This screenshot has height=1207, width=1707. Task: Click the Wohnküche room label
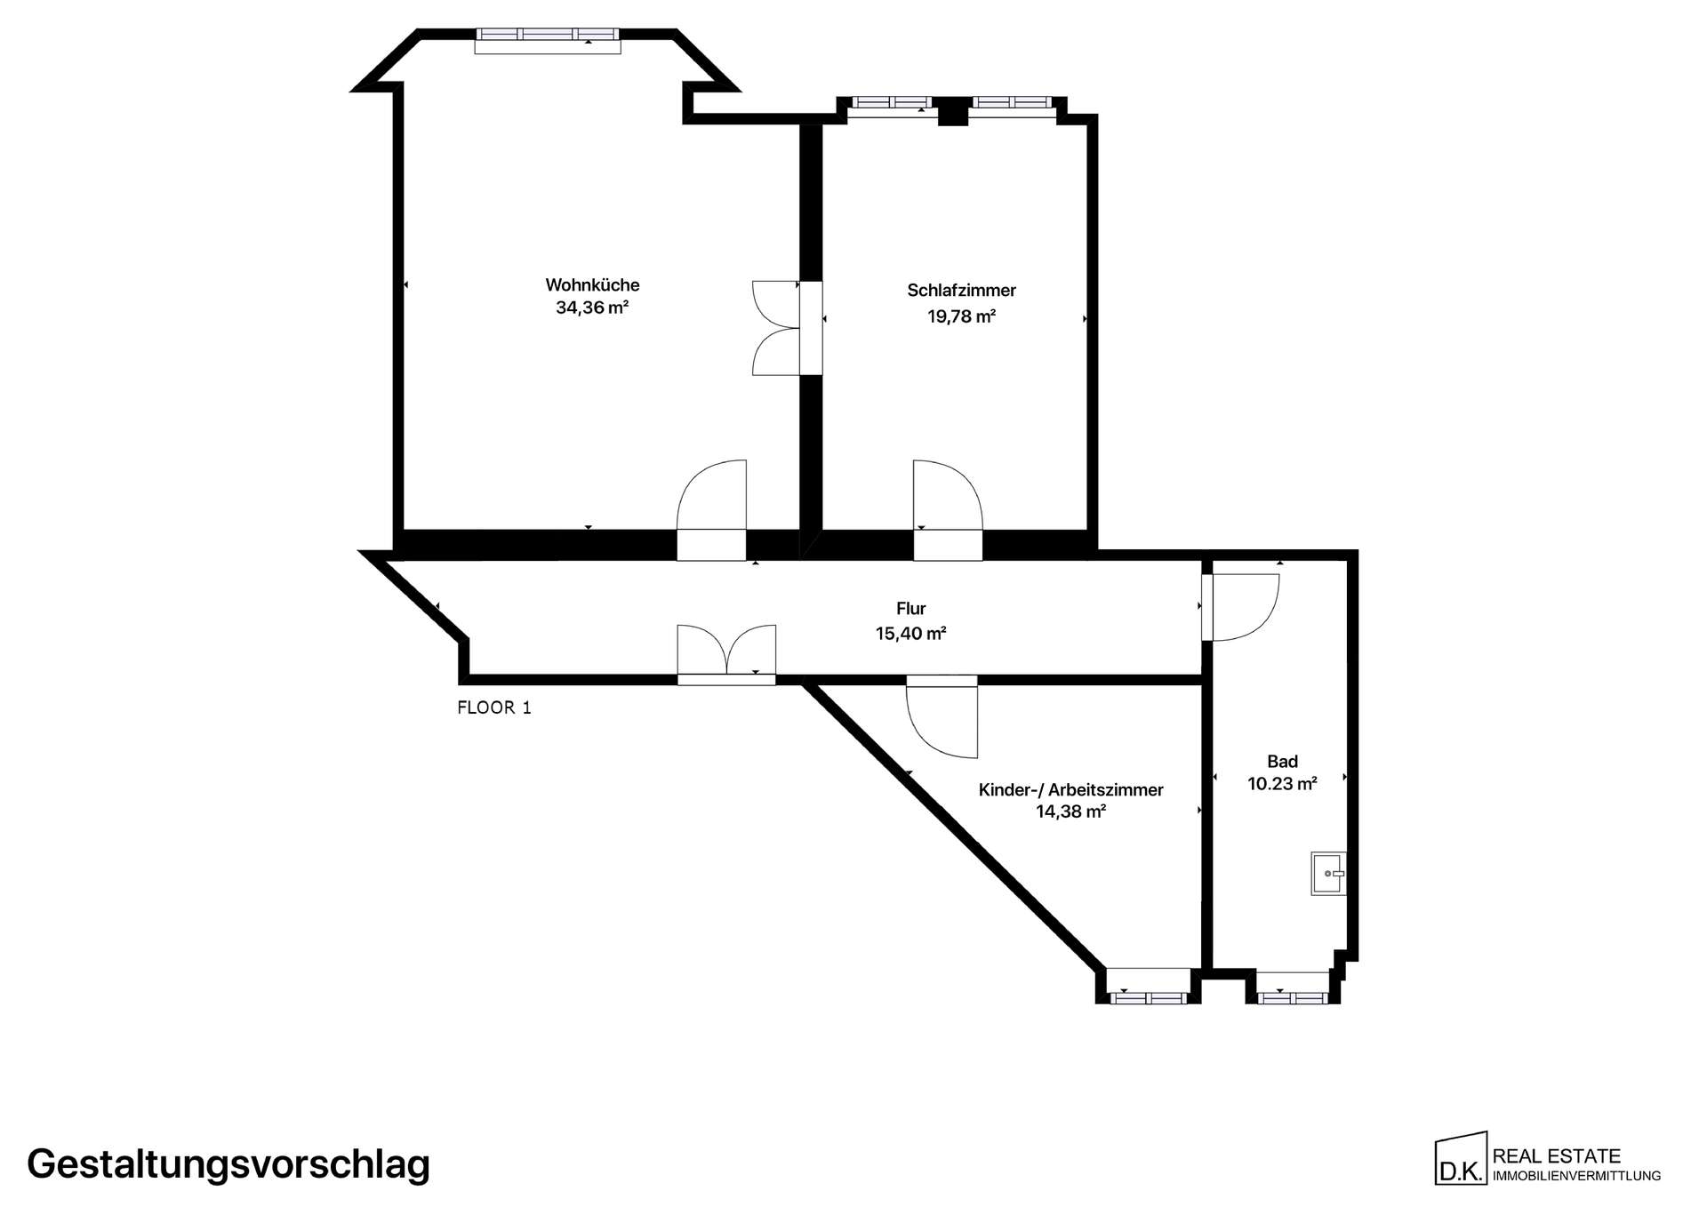tap(592, 285)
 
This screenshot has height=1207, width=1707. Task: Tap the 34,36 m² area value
tap(592, 308)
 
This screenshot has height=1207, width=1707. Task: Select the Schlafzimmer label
tap(961, 290)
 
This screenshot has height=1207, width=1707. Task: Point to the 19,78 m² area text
tap(961, 316)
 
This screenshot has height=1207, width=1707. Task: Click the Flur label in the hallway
tap(910, 609)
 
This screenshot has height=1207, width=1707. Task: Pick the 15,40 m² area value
tap(910, 634)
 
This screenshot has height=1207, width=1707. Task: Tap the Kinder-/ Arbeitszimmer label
tap(1070, 789)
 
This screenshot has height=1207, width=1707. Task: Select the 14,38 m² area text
tap(1070, 811)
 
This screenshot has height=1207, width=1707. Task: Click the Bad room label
tap(1282, 762)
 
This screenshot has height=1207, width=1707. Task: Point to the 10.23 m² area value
tap(1282, 784)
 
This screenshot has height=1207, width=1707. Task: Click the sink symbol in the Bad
tap(1328, 874)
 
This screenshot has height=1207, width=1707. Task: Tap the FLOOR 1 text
tap(494, 707)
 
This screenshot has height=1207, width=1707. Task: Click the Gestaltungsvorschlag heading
tap(228, 1164)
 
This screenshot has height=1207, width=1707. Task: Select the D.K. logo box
tap(1461, 1158)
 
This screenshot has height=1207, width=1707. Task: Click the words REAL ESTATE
tap(1557, 1156)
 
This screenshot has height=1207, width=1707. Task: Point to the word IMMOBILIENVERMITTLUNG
tap(1576, 1176)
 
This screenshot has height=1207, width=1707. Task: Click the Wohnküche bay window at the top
tap(547, 40)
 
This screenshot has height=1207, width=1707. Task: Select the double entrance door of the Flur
tap(726, 654)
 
